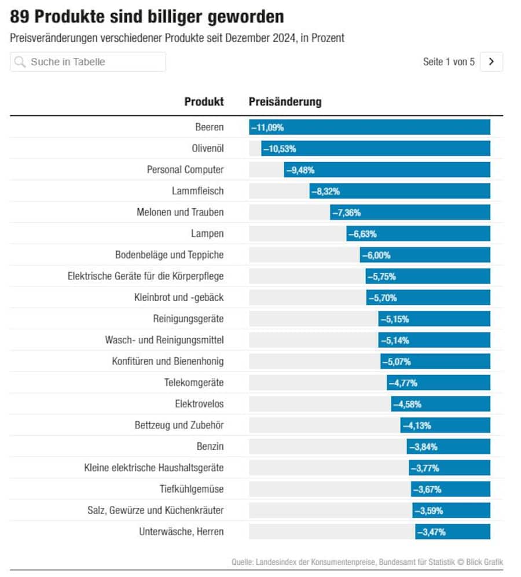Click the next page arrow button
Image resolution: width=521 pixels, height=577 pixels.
(491, 62)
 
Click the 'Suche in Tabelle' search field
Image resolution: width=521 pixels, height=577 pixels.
(88, 62)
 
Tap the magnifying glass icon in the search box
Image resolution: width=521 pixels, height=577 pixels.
(20, 62)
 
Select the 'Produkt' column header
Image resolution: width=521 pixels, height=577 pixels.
(204, 102)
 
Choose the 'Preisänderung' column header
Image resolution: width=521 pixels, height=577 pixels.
(285, 102)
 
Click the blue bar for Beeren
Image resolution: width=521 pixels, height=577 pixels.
(369, 127)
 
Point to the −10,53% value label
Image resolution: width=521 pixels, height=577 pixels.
(280, 149)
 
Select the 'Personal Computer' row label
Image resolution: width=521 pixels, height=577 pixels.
(185, 170)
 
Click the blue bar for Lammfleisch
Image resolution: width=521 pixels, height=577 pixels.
(399, 191)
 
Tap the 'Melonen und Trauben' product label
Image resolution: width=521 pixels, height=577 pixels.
(180, 212)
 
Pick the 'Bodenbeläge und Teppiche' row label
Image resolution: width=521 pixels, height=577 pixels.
(169, 255)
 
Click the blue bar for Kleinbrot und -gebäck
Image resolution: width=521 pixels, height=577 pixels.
(428, 297)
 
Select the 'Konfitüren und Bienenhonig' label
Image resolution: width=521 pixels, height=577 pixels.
(168, 362)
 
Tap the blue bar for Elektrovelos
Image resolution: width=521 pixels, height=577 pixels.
(440, 404)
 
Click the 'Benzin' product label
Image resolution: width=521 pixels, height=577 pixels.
(210, 447)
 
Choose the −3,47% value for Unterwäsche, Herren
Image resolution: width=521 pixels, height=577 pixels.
(431, 532)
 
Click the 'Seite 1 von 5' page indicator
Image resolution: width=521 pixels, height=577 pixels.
(449, 62)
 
